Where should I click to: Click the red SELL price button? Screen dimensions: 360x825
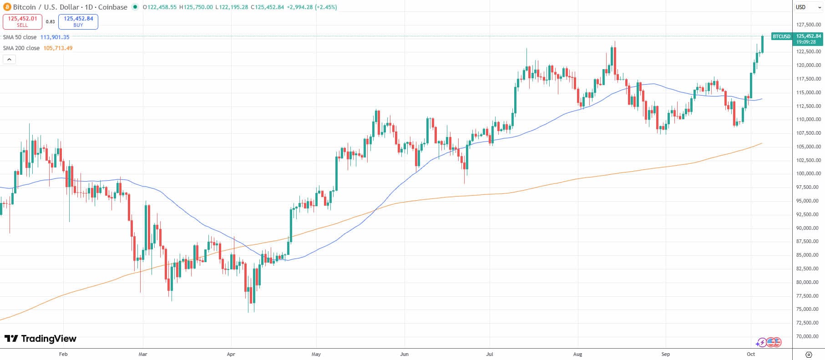22,21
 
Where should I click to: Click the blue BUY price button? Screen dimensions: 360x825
78,21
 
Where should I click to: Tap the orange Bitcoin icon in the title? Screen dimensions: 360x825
6,7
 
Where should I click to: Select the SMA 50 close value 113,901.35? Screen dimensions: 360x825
55,37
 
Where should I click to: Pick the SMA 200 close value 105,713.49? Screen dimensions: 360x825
58,48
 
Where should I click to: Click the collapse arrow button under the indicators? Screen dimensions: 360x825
9,59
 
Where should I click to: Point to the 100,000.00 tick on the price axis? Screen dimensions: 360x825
808,174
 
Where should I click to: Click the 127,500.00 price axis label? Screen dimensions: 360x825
808,25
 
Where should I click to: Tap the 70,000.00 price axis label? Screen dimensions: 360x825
808,336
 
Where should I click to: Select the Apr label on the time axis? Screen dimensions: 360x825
231,354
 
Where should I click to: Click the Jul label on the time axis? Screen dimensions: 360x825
490,354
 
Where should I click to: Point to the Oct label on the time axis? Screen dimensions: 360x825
751,354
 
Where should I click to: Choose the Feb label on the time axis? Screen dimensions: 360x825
63,354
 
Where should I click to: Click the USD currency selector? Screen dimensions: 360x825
800,7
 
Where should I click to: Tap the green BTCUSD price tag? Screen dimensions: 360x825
781,36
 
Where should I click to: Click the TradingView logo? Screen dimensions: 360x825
40,339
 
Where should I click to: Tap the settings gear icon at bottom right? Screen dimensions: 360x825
809,355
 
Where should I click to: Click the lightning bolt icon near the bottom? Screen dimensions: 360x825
761,342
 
